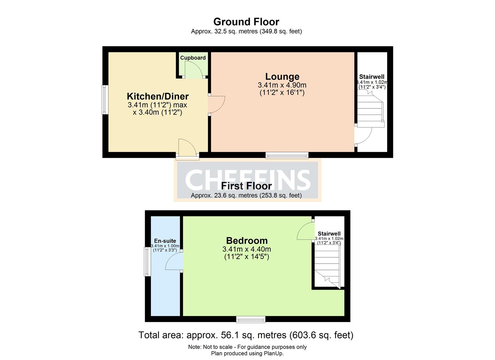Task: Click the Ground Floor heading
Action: (246, 22)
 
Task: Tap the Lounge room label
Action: (282, 77)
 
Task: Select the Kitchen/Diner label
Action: (158, 96)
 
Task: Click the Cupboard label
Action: (193, 58)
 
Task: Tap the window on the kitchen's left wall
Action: (105, 100)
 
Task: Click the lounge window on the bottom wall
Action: (287, 155)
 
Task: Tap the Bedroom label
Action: (247, 241)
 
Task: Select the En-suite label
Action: (165, 241)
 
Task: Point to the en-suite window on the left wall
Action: (147, 261)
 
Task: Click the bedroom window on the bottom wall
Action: (251, 320)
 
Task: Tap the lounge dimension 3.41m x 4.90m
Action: (282, 85)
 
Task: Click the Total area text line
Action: (246, 335)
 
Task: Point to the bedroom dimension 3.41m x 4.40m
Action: (247, 249)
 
